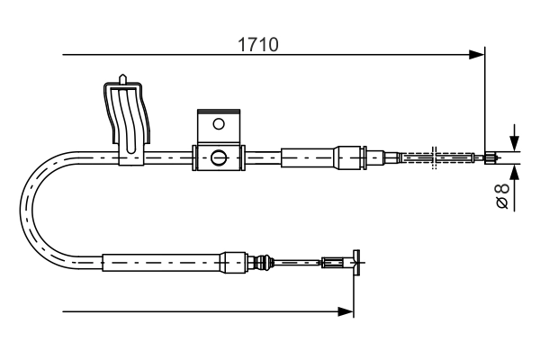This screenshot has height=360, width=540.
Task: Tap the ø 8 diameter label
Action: [503, 195]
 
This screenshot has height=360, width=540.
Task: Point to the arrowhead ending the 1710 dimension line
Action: [478, 56]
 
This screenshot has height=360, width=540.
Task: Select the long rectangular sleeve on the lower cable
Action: [161, 263]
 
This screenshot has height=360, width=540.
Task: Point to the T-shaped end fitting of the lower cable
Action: [355, 263]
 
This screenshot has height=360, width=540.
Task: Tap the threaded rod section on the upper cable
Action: [436, 158]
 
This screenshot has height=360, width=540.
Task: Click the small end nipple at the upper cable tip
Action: [490, 158]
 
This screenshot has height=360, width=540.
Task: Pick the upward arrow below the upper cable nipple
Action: [513, 173]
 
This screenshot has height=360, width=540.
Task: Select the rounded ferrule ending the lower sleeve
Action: [233, 263]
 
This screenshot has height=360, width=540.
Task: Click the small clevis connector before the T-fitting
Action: [333, 263]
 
